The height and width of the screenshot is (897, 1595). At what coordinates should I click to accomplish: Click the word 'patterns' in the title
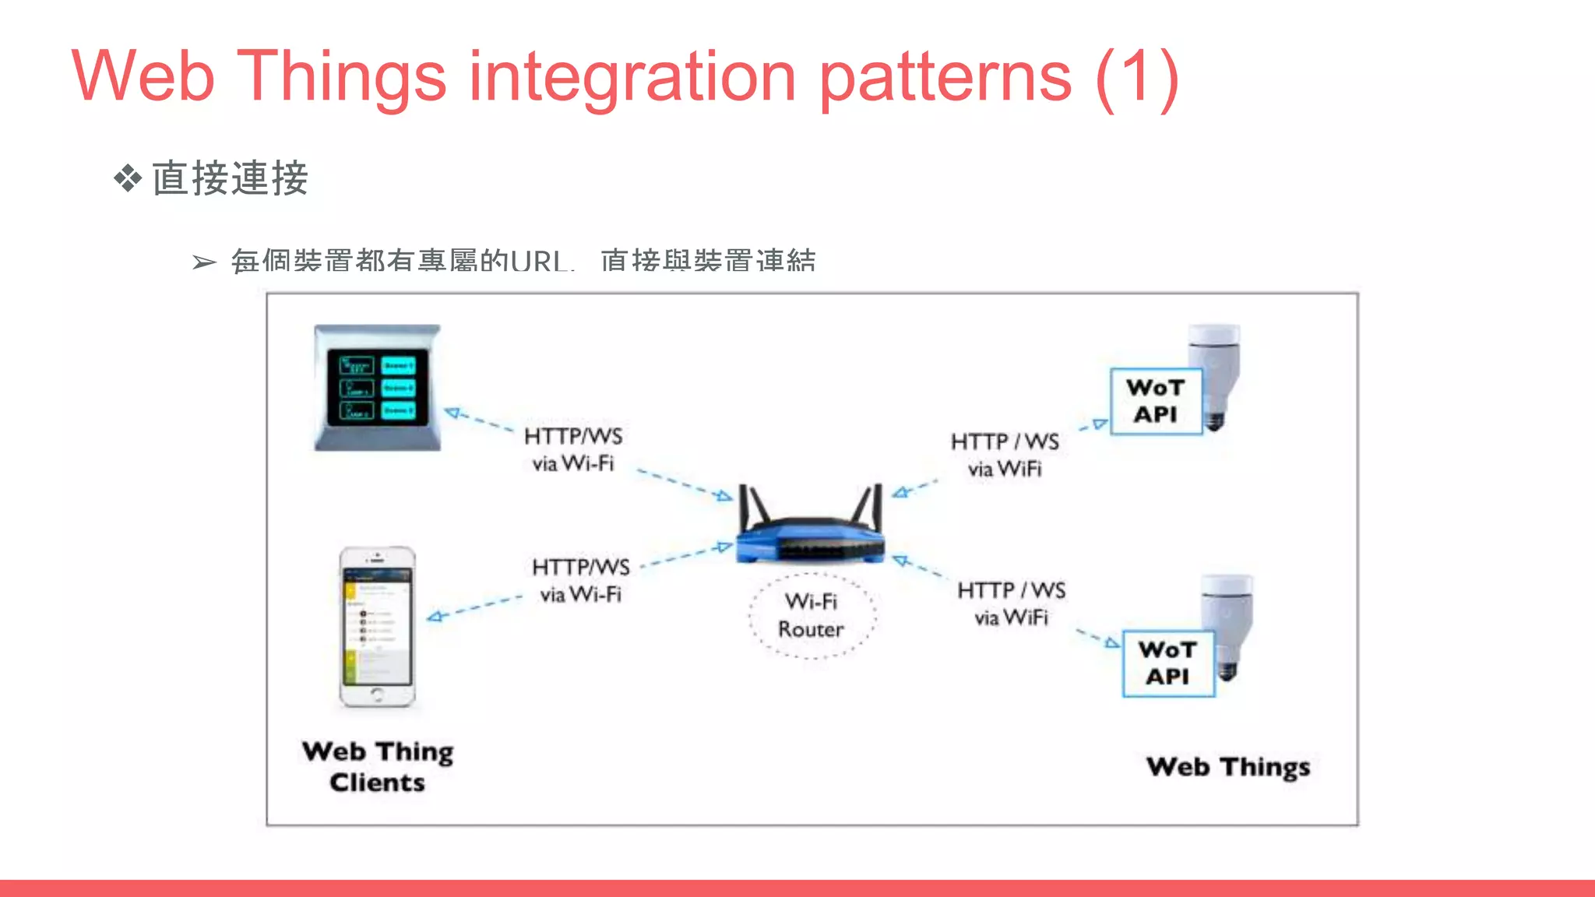[x=945, y=78]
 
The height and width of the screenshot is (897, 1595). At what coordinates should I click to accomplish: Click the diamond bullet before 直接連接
[x=128, y=178]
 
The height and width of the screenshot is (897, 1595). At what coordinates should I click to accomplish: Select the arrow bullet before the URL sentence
[x=204, y=262]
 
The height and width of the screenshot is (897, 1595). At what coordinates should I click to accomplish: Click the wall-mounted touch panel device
[x=378, y=387]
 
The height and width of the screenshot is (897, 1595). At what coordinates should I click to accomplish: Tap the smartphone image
[x=378, y=627]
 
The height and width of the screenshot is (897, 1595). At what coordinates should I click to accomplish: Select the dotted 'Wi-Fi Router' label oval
[x=812, y=615]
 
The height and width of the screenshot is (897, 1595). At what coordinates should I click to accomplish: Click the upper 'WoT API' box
[x=1156, y=401]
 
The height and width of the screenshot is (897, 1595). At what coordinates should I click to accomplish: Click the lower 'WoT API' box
[x=1167, y=663]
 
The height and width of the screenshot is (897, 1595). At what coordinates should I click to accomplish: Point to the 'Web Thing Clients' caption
[x=378, y=766]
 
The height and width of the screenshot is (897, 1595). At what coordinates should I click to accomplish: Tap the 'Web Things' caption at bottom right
[x=1228, y=767]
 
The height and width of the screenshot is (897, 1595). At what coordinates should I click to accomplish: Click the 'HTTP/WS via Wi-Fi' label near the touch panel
[x=573, y=449]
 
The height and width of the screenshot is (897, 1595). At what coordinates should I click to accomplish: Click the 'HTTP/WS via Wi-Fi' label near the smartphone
[x=580, y=580]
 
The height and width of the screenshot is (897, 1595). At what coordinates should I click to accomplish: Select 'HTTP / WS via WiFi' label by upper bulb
[x=1005, y=455]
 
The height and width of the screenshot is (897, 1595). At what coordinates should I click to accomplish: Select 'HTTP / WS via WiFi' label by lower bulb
[x=1011, y=603]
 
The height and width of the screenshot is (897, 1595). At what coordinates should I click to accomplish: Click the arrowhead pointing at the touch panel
[x=452, y=413]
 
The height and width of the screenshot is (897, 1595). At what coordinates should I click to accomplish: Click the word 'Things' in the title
[x=341, y=78]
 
